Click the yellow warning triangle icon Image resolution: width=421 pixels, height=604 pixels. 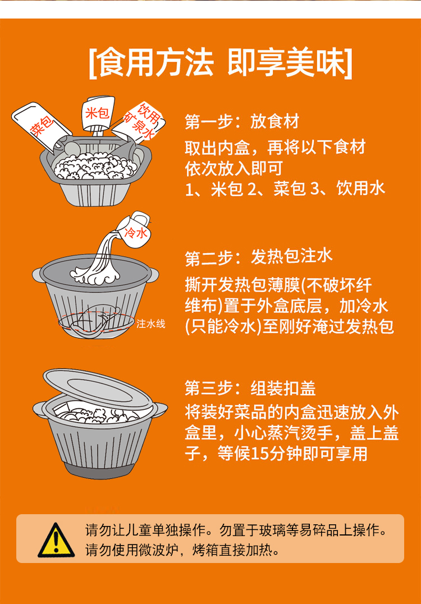tap(56, 541)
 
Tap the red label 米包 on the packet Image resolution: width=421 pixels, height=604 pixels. tap(98, 113)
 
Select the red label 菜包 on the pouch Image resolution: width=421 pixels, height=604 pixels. tap(42, 126)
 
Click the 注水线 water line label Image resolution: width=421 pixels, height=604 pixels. tap(150, 324)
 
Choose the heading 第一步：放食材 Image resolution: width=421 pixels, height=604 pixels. tap(242, 122)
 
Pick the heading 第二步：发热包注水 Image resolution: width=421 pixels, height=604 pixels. tap(258, 257)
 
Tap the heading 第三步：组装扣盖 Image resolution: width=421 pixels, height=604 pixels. tap(250, 388)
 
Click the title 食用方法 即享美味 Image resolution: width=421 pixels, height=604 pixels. tap(220, 63)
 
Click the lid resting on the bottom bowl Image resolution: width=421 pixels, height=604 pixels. tap(98, 389)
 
